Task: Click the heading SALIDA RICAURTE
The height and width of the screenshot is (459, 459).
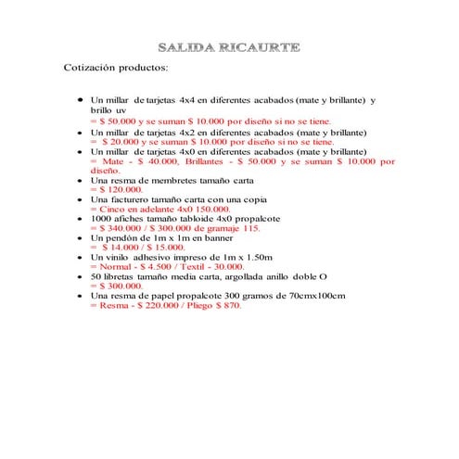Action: (x=229, y=46)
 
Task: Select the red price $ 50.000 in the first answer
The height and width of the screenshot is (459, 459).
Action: (x=119, y=121)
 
